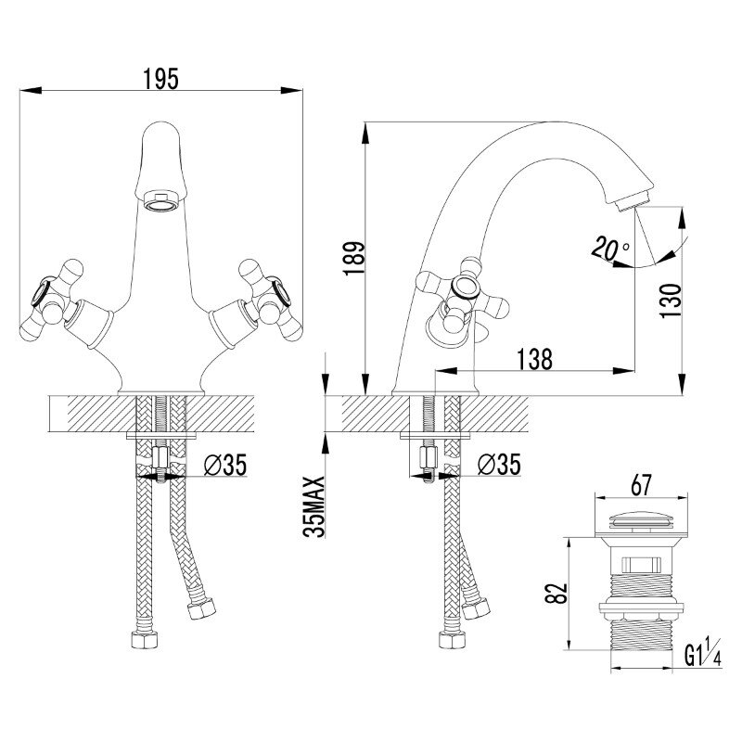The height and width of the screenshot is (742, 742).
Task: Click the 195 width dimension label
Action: tap(160, 80)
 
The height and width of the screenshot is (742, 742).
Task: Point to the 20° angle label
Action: tap(609, 249)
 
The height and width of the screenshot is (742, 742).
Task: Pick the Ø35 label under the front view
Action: tap(224, 467)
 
